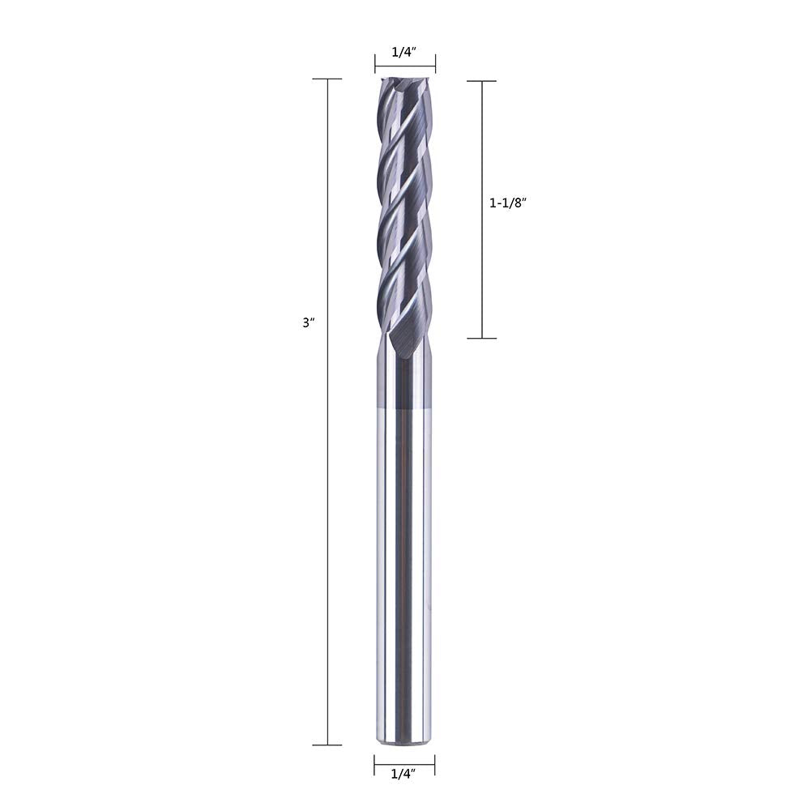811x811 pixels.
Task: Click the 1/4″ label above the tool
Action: coord(404,52)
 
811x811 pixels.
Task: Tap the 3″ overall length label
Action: coord(309,322)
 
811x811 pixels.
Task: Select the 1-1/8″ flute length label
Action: coord(507,203)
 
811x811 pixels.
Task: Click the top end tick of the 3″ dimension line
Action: coord(327,79)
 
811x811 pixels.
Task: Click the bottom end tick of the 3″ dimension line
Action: coord(327,745)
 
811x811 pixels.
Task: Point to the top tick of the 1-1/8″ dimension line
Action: coord(482,81)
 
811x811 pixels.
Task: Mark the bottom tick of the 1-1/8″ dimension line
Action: coord(482,339)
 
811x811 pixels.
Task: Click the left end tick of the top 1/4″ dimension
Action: coord(375,64)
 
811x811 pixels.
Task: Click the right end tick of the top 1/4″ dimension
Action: coord(435,64)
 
